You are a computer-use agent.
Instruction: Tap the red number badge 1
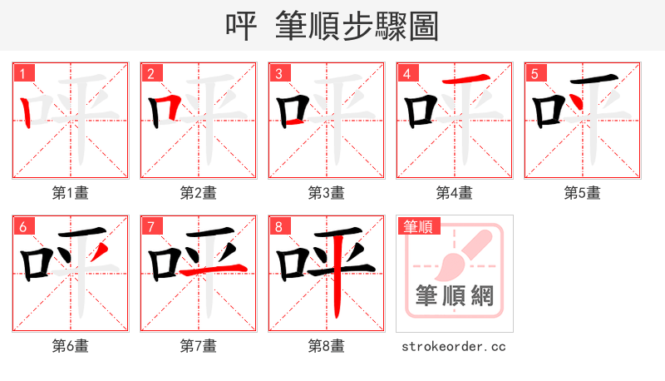coord(23,73)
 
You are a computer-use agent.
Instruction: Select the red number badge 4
coord(407,73)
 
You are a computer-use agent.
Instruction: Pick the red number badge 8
coord(279,226)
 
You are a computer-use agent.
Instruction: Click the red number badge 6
coord(23,226)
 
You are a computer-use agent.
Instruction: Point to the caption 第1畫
coord(71,193)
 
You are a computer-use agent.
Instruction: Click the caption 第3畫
coord(327,193)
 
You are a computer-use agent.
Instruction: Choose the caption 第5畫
coord(583,193)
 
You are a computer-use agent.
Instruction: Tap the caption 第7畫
coord(199,346)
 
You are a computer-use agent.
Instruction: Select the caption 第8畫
coord(327,346)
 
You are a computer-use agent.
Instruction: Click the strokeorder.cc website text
coord(455,346)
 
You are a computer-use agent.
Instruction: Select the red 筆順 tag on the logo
coord(419,226)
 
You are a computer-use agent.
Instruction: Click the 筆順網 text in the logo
coord(455,295)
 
